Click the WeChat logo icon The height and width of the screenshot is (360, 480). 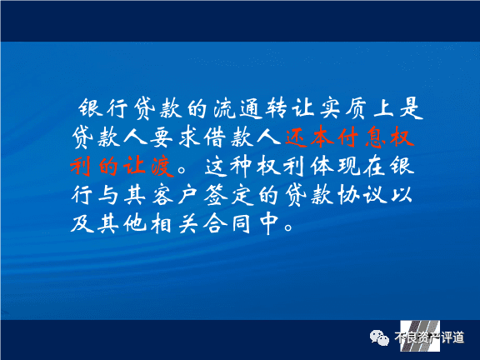[379, 337]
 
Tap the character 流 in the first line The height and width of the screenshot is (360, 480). [223, 108]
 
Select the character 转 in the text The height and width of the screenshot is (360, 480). [276, 108]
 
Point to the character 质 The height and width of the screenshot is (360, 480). [357, 108]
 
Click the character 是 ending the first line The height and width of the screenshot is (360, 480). [411, 108]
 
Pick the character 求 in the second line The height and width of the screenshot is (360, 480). [188, 137]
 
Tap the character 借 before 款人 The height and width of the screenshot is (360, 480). [215, 137]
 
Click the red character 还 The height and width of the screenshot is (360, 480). [296, 137]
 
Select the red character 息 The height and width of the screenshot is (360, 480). [376, 137]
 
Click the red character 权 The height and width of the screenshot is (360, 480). [402, 137]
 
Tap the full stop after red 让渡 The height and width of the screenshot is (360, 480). [182, 170]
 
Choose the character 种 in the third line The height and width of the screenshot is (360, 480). [242, 166]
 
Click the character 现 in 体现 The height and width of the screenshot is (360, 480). [349, 166]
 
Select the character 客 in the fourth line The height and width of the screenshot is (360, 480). [162, 195]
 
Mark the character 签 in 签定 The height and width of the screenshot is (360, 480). [216, 195]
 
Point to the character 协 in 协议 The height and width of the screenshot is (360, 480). [349, 195]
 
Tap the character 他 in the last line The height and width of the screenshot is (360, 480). [135, 223]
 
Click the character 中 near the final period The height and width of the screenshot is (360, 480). [269, 223]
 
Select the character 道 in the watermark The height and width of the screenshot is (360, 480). [458, 337]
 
